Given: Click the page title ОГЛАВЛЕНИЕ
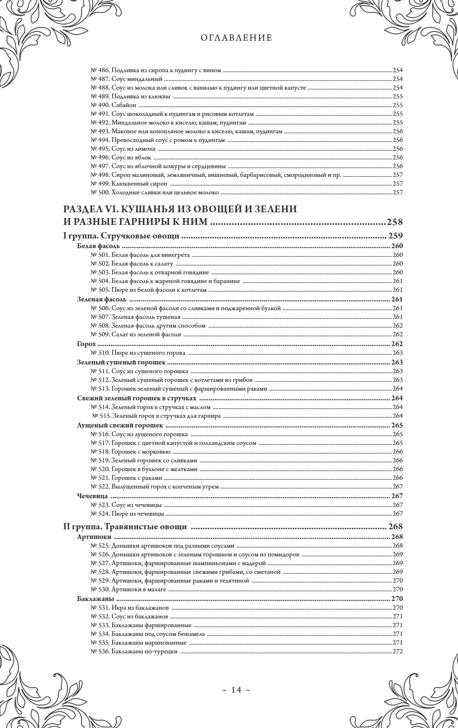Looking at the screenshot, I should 236,38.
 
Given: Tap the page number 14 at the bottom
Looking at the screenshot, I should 236,689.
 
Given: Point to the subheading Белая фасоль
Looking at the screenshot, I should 95,246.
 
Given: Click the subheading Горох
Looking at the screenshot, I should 86,343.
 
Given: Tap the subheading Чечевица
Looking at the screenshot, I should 92,496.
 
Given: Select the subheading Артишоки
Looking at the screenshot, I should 94,537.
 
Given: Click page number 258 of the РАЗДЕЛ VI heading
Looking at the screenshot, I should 395,222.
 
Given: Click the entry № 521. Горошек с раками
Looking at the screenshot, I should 125,477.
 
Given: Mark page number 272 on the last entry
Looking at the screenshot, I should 398,651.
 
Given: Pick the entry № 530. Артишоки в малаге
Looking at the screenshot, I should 128,589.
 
